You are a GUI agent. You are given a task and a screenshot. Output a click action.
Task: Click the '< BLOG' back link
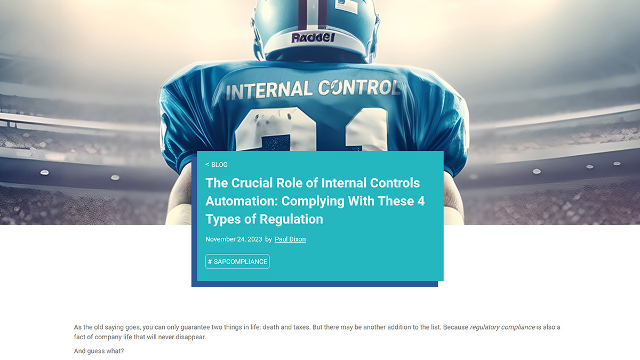pyautogui.click(x=217, y=165)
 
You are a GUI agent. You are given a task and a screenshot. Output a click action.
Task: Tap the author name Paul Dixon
pyautogui.click(x=290, y=239)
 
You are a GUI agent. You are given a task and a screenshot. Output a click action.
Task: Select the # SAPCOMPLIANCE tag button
pyautogui.click(x=237, y=262)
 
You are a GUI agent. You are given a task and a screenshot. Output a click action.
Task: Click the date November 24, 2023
pyautogui.click(x=234, y=239)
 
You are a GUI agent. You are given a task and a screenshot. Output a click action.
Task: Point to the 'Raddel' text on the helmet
pyautogui.click(x=313, y=38)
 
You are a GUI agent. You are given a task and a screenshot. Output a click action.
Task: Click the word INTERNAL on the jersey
pyautogui.click(x=269, y=90)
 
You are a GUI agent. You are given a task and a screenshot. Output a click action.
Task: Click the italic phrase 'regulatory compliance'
pyautogui.click(x=502, y=327)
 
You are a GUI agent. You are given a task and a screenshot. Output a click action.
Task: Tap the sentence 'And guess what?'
pyautogui.click(x=99, y=351)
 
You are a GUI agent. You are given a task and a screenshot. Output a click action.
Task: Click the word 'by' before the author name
pyautogui.click(x=268, y=239)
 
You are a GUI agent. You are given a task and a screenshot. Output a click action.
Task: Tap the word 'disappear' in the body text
pyautogui.click(x=190, y=338)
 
